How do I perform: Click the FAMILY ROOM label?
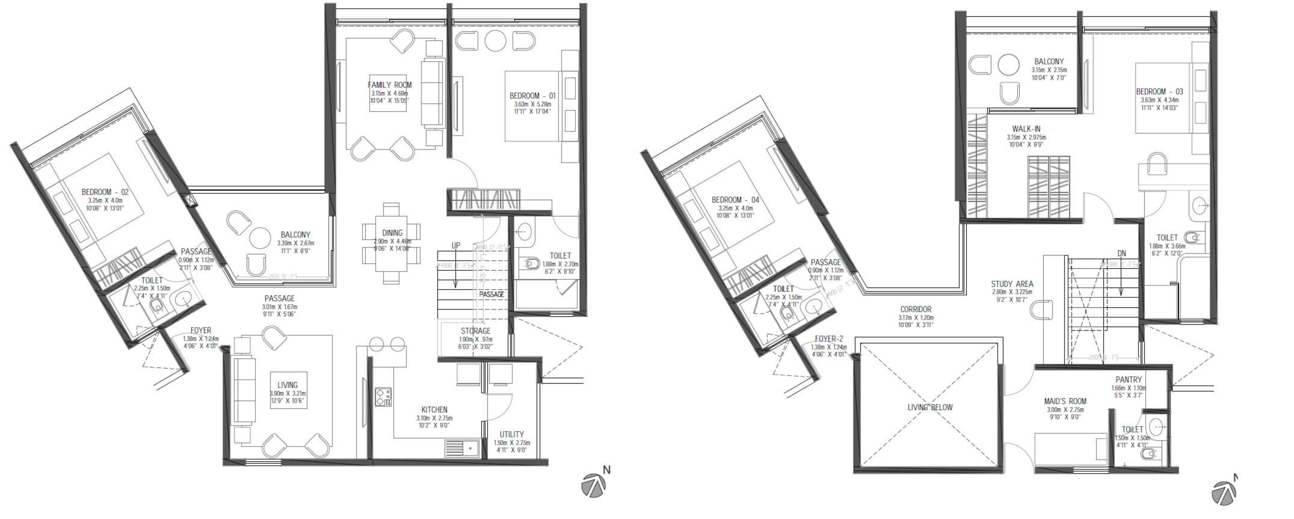[x=389, y=85]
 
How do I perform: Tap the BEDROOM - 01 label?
[x=532, y=96]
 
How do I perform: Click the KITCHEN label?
[x=434, y=410]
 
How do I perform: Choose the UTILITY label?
[x=512, y=435]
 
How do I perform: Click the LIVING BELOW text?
[x=930, y=408]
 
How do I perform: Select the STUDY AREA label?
[x=1011, y=284]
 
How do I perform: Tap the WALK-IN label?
[x=1026, y=129]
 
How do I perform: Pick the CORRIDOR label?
[x=916, y=310]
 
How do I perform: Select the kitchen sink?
[x=460, y=448]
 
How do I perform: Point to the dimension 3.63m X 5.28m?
[x=532, y=104]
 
